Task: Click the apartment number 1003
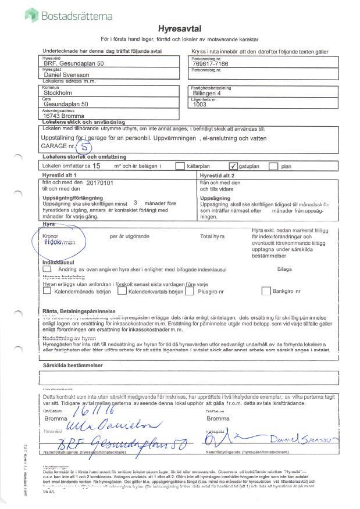(200, 104)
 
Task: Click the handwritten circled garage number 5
(85, 148)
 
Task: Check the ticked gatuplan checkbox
(234, 166)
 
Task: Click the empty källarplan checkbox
(180, 166)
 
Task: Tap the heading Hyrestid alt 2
(218, 175)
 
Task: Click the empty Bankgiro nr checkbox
(266, 291)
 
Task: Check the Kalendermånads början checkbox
(47, 291)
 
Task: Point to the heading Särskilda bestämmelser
(73, 365)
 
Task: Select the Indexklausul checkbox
(47, 269)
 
